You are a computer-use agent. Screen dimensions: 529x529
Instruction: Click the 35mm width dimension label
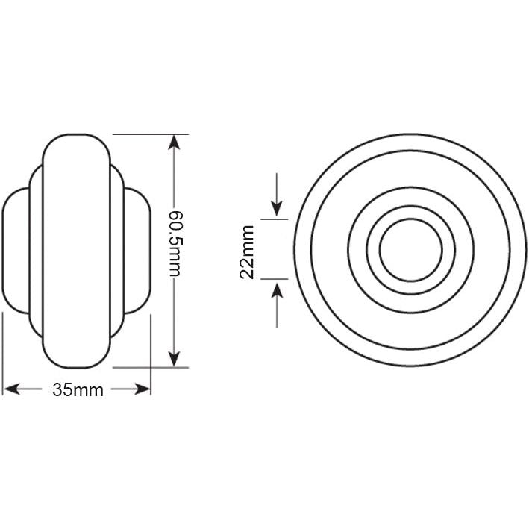click(78, 390)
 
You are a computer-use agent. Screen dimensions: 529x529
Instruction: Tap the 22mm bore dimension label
click(248, 251)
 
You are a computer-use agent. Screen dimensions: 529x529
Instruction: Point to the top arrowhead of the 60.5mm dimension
click(175, 142)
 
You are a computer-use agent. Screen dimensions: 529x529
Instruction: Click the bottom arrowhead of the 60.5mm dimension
click(175, 360)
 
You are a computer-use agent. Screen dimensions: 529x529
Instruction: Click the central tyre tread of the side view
click(78, 251)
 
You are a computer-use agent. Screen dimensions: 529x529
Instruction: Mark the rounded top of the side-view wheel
click(78, 138)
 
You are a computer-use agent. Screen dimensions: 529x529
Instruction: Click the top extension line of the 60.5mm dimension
click(149, 134)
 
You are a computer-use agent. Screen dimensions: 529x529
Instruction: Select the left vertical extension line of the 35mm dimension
click(4, 351)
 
